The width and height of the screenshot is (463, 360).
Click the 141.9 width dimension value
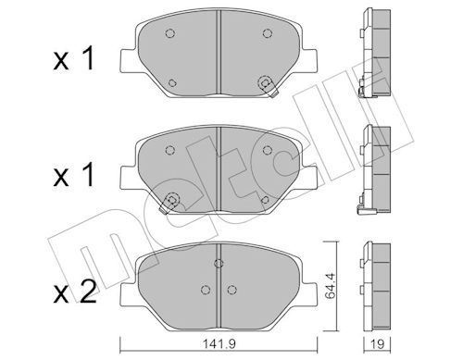coord(219,343)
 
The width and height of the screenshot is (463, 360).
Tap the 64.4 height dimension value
coord(331,286)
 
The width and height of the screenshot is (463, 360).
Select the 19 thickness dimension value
coord(377,343)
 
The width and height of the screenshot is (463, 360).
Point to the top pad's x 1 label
coord(74,59)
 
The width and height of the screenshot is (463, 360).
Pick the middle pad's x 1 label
coord(74,175)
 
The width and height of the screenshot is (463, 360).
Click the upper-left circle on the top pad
coord(169,33)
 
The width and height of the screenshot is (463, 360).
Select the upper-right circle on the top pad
coord(268,32)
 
